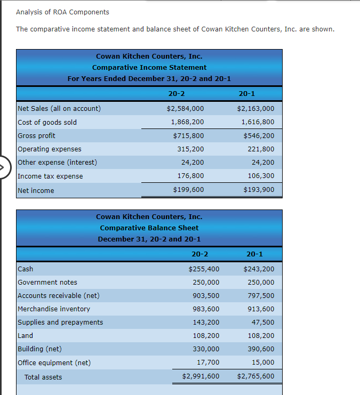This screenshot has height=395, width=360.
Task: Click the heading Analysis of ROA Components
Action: point(62,12)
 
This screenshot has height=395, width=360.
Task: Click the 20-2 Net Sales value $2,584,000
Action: point(185,109)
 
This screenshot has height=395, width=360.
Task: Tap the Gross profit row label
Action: point(36,136)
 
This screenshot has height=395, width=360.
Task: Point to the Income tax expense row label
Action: point(50,176)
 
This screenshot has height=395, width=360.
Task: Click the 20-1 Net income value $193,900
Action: point(259,190)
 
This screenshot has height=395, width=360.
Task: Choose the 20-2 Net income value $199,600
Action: point(188,190)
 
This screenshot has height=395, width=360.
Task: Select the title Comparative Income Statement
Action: point(149,67)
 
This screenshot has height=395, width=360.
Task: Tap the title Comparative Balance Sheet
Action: point(149,228)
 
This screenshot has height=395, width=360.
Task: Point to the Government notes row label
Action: point(47,283)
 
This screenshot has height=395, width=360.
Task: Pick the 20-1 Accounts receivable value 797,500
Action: point(261,296)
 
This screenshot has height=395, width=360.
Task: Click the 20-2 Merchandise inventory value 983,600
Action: point(206,309)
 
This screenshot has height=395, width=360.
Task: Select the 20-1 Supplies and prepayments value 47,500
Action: point(263,323)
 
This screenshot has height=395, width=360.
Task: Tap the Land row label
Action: point(26,336)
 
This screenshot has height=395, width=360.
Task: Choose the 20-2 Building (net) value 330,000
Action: point(206,349)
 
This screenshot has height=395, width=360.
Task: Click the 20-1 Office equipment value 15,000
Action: point(263,362)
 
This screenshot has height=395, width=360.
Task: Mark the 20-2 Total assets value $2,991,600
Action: point(201,376)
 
